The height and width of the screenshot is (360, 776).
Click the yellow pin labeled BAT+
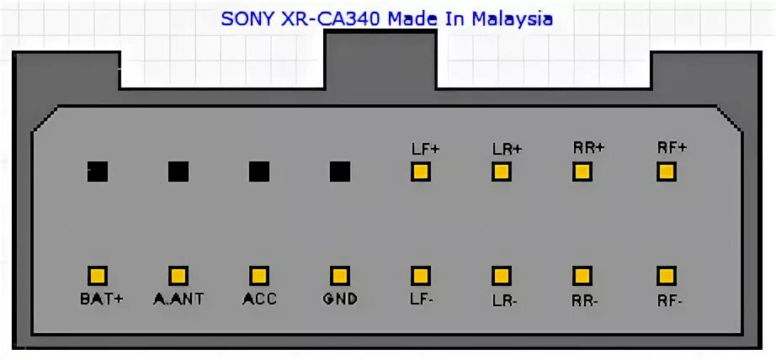tap(98, 275)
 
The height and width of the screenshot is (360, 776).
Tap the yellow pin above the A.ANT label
tap(178, 275)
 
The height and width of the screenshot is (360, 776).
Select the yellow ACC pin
tap(258, 275)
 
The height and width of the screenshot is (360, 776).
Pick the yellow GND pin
tap(339, 275)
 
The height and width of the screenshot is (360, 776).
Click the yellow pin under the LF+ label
tap(420, 172)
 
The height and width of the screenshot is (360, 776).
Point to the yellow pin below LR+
tap(502, 172)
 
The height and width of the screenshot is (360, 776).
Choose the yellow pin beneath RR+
tap(582, 172)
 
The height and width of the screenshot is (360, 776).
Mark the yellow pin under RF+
tap(667, 172)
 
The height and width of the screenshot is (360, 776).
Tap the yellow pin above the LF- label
tap(420, 275)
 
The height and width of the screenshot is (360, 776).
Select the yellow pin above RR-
tap(582, 275)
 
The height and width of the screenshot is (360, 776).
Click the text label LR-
tap(502, 299)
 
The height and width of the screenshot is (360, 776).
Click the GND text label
tap(340, 299)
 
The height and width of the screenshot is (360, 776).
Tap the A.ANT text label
tap(178, 299)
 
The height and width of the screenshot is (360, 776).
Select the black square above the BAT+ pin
tap(98, 172)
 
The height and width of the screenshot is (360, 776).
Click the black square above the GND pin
tap(339, 172)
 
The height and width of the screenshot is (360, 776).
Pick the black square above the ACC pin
tap(258, 172)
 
